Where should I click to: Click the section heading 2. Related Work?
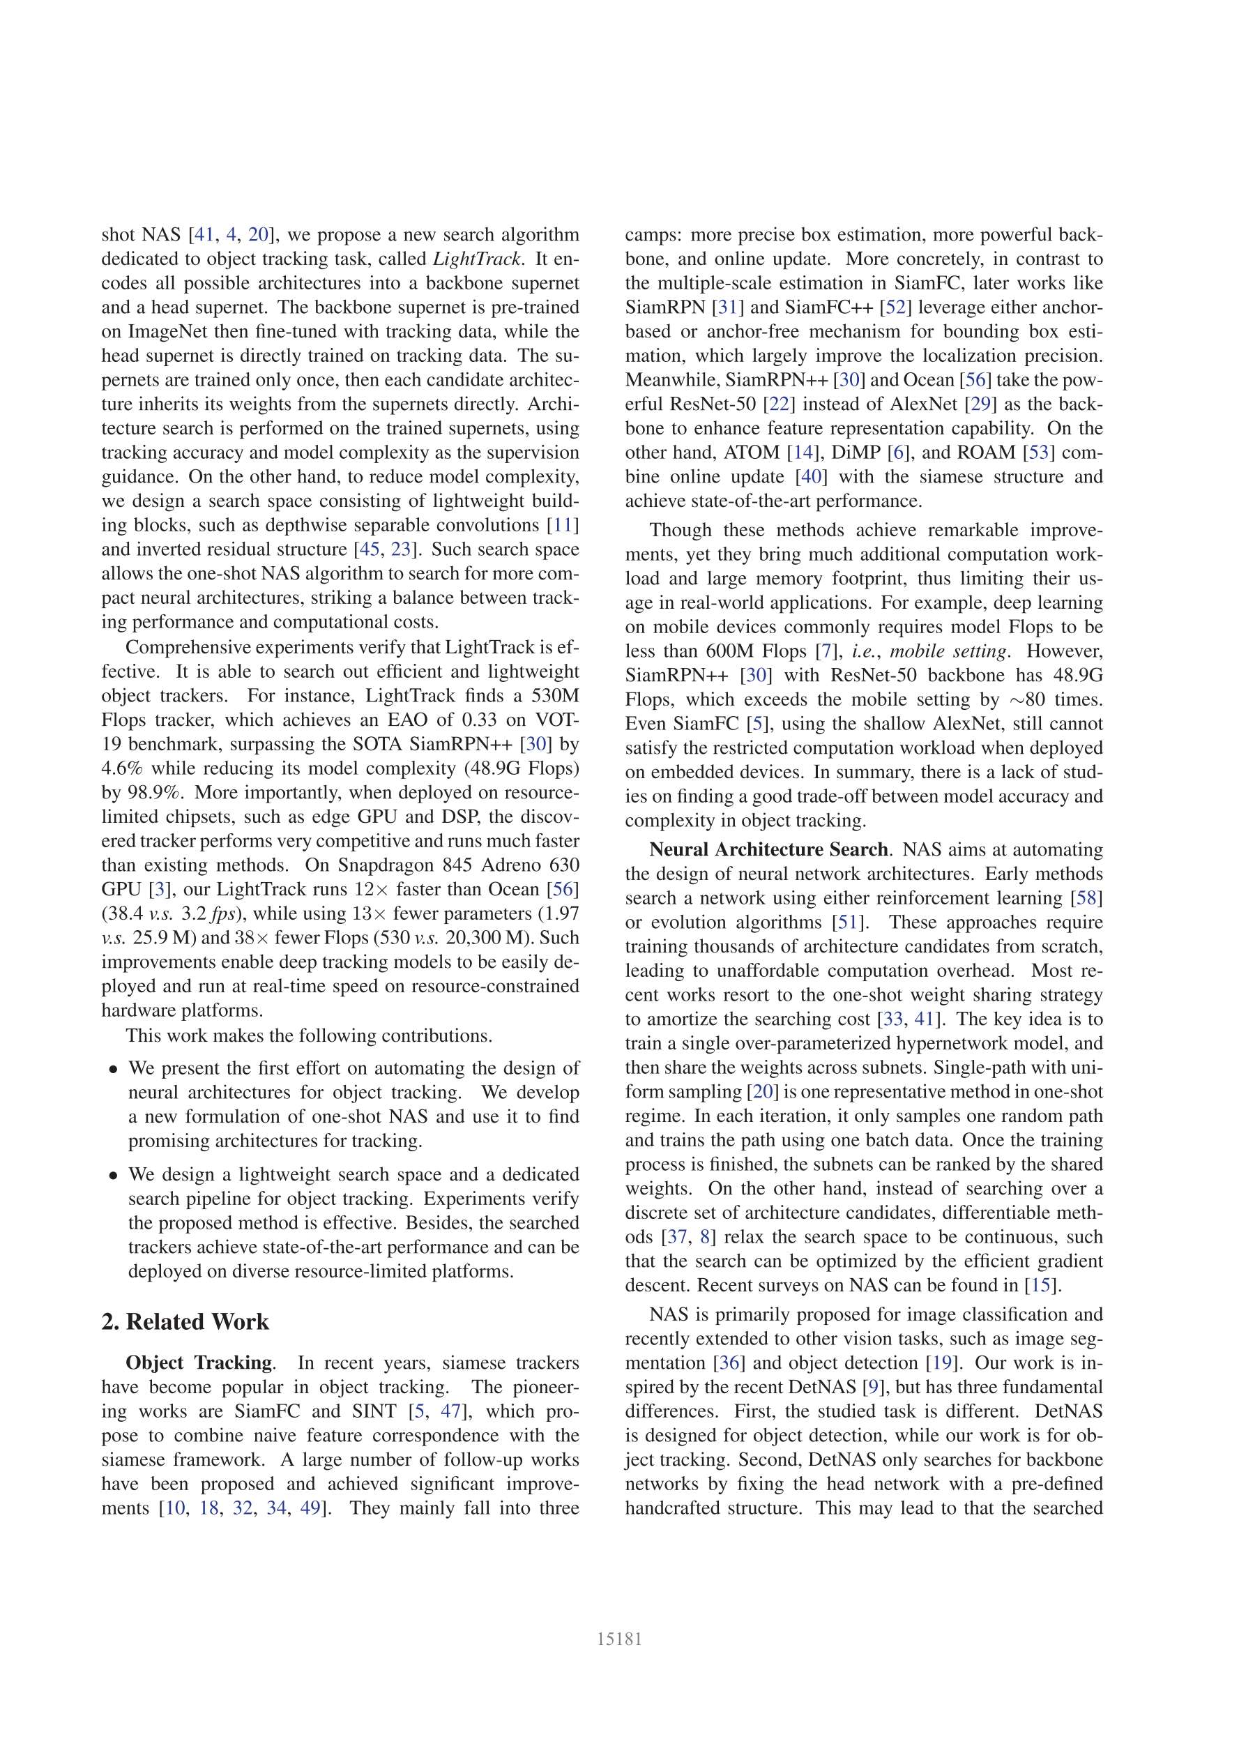[x=185, y=1321]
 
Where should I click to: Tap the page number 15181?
[x=619, y=1639]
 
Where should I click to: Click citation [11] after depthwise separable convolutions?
[x=565, y=525]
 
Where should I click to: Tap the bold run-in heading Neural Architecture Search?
[x=768, y=850]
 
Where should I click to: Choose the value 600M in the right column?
[x=775, y=651]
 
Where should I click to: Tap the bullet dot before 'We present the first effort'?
[x=113, y=1070]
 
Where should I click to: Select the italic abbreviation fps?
[x=225, y=914]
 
